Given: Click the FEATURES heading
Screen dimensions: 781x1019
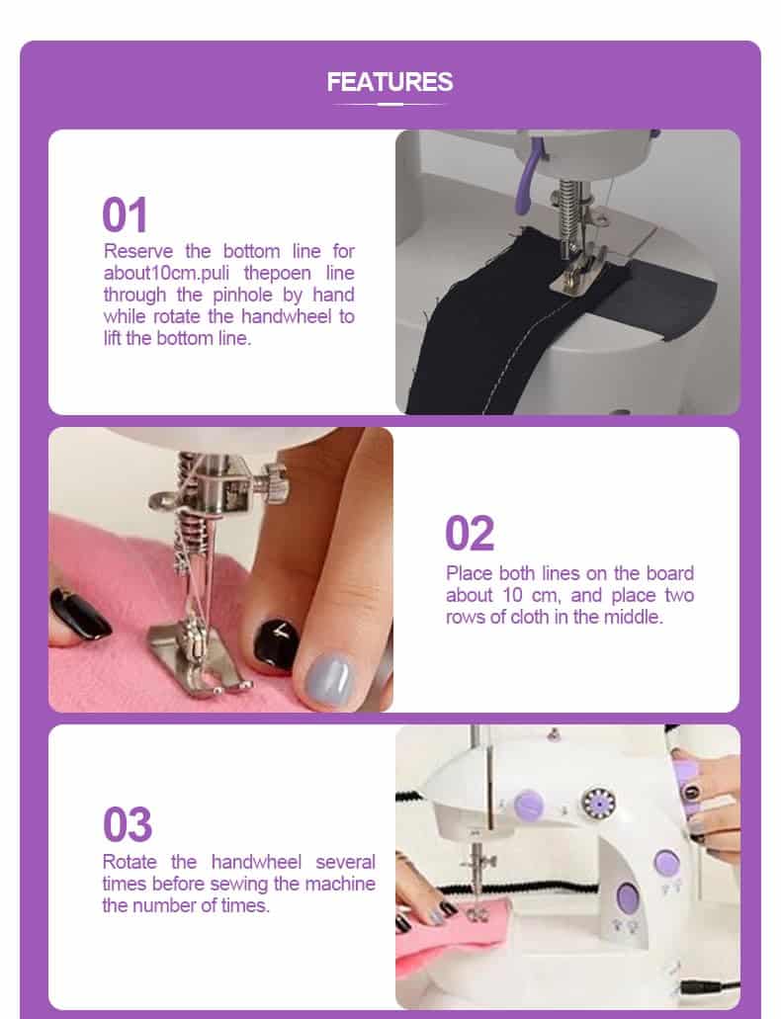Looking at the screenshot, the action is [x=390, y=82].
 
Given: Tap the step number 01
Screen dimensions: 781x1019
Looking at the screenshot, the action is [x=125, y=215].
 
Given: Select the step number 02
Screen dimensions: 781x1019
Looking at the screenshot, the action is [x=470, y=534].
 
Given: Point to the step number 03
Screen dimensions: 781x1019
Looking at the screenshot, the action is [x=128, y=824].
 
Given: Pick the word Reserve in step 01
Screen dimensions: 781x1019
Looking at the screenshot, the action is [x=138, y=251].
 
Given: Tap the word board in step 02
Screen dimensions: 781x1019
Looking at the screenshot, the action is [x=670, y=573].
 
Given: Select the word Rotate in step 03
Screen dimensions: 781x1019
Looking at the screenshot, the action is [x=130, y=862].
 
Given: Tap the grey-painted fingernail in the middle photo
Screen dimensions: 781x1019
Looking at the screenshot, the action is [x=330, y=679].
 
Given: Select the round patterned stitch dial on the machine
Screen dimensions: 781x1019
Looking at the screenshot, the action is [x=598, y=804].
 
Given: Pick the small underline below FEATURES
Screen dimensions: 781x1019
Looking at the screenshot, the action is [x=390, y=104].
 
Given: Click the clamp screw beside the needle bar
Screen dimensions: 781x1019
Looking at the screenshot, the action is [x=272, y=483].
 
